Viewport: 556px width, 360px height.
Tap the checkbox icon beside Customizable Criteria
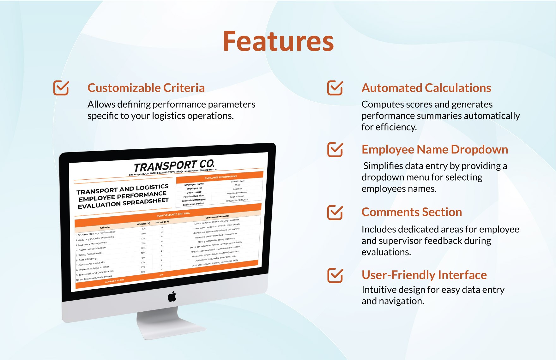(x=61, y=87)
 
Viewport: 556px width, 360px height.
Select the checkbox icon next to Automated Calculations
(x=335, y=87)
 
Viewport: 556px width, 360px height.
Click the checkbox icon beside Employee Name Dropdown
(x=335, y=149)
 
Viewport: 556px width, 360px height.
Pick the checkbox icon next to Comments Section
(x=335, y=212)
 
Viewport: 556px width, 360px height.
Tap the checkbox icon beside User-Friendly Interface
(x=335, y=275)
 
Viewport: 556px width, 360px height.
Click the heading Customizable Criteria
(x=146, y=88)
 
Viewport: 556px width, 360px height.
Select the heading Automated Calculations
(x=426, y=88)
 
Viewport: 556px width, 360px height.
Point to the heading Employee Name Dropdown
(x=435, y=149)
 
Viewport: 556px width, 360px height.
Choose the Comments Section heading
(x=412, y=212)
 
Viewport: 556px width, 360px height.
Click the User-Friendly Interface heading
(x=424, y=275)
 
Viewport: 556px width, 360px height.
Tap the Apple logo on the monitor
(x=172, y=297)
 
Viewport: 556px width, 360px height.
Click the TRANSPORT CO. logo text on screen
(x=174, y=165)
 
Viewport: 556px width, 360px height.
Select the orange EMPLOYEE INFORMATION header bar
(x=221, y=177)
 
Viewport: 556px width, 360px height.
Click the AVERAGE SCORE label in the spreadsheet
(x=115, y=280)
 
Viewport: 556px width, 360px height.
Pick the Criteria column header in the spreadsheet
(x=105, y=227)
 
